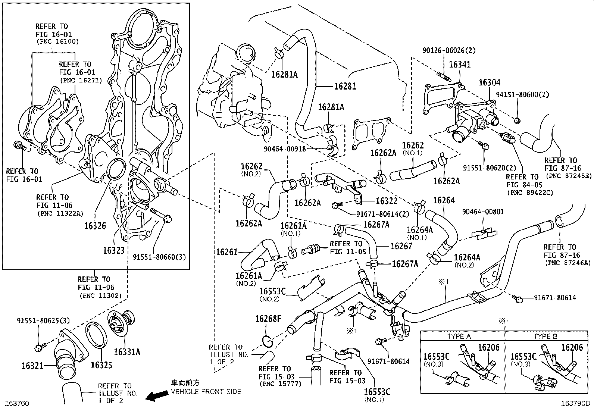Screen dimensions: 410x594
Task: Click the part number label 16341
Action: tap(460, 65)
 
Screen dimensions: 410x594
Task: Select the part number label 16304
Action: tap(490, 82)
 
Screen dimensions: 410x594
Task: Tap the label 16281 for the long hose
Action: tap(345, 87)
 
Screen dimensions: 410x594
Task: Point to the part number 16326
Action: tap(95, 226)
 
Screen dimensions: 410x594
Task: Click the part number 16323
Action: tap(114, 250)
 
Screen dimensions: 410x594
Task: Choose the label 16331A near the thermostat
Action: tap(127, 352)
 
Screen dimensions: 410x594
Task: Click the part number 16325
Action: tap(102, 365)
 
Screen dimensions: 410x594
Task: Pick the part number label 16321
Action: tap(33, 366)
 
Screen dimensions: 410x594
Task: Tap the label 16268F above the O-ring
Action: tap(268, 319)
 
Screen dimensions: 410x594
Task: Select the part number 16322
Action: tap(387, 201)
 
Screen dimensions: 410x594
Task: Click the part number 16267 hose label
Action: tap(401, 246)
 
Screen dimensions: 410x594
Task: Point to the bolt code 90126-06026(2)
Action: tap(449, 50)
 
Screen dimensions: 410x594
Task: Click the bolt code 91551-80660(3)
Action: tap(159, 257)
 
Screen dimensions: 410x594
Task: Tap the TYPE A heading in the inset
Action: tap(459, 336)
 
